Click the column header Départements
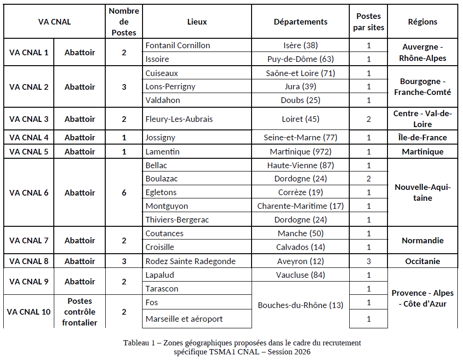pyautogui.click(x=300, y=22)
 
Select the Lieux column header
pyautogui.click(x=197, y=22)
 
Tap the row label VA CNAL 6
pyautogui.click(x=29, y=193)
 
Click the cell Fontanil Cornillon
pyautogui.click(x=177, y=45)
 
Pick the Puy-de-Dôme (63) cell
pyautogui.click(x=300, y=59)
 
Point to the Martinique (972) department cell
pyautogui.click(x=300, y=152)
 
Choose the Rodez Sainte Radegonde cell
pyautogui.click(x=190, y=261)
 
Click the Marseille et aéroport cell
pyautogui.click(x=184, y=319)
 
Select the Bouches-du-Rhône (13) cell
pyautogui.click(x=300, y=305)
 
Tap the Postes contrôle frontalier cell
pyautogui.click(x=79, y=312)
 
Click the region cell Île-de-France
pyautogui.click(x=422, y=138)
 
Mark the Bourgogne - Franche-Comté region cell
pyautogui.click(x=422, y=87)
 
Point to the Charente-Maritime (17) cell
pyautogui.click(x=300, y=206)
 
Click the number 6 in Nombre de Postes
pyautogui.click(x=124, y=193)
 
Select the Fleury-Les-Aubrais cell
pyautogui.click(x=179, y=119)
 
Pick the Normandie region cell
pyautogui.click(x=422, y=240)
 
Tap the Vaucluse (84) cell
pyautogui.click(x=300, y=275)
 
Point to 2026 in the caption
pyautogui.click(x=301, y=352)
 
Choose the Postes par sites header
pyautogui.click(x=369, y=22)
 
